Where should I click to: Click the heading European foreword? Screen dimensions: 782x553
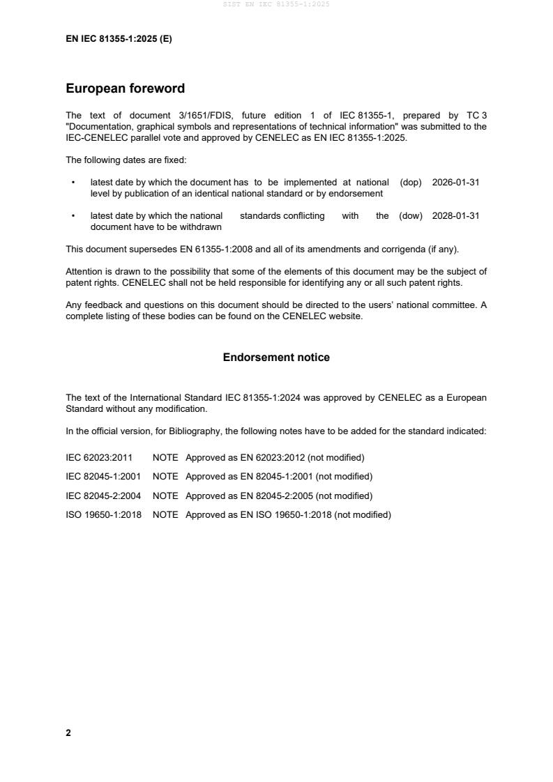click(x=125, y=89)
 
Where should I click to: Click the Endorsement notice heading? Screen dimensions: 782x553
click(x=276, y=358)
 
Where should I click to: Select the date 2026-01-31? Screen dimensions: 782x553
click(x=455, y=182)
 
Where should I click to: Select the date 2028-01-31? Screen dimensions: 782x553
click(x=455, y=216)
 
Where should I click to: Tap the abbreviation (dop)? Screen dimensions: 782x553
click(x=411, y=182)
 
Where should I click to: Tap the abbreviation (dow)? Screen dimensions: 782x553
click(x=411, y=216)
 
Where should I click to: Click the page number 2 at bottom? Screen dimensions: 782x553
click(x=68, y=733)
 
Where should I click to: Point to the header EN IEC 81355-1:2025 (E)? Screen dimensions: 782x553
click(x=119, y=39)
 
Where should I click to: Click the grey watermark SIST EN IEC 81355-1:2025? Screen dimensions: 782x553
click(x=276, y=4)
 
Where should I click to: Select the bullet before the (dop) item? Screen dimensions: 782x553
click(x=73, y=183)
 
